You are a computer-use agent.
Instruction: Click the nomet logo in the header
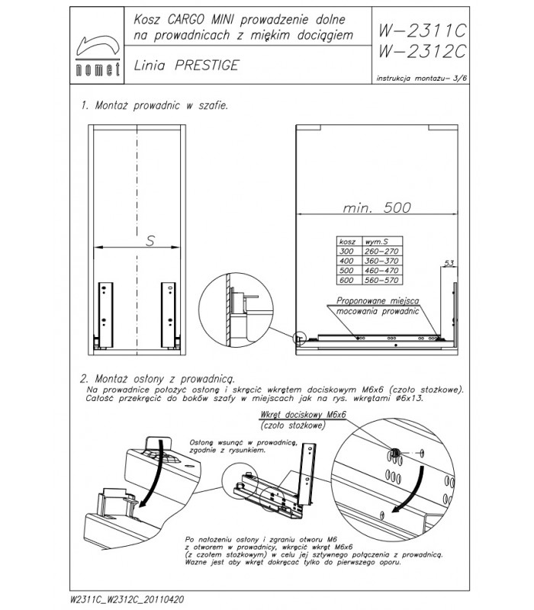[x=96, y=53]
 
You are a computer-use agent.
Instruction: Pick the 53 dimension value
[x=449, y=264]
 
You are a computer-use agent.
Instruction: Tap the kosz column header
[x=347, y=240]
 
